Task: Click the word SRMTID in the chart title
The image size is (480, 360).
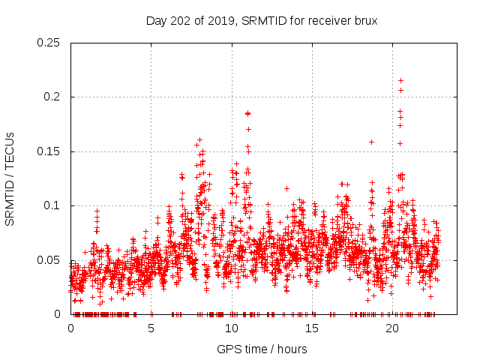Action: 265,21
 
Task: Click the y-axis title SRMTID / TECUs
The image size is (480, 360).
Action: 10,178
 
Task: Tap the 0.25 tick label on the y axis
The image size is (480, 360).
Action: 49,43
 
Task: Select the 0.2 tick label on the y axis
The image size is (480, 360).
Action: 52,97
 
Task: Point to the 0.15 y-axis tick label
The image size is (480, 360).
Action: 49,151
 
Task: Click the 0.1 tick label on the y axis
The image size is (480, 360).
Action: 52,205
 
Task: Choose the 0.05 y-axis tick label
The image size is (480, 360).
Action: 49,260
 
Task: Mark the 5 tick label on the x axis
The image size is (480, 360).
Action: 151,328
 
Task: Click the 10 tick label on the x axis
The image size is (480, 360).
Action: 232,328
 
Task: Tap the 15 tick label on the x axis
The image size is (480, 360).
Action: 312,328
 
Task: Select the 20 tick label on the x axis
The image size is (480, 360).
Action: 392,328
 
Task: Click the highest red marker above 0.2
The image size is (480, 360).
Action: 400,80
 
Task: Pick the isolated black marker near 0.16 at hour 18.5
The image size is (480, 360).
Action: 371,142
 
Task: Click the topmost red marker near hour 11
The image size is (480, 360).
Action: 247,113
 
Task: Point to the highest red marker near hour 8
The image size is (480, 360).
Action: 199,139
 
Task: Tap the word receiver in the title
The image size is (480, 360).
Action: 325,21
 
